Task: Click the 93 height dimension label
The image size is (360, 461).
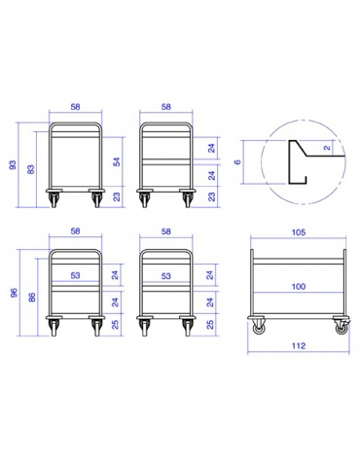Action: (13, 165)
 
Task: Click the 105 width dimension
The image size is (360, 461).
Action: (299, 233)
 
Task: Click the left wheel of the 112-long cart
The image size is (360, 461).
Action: (257, 328)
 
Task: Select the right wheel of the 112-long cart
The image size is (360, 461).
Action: (341, 328)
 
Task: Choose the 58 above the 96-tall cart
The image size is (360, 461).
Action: (76, 233)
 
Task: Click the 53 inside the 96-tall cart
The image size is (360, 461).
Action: (76, 275)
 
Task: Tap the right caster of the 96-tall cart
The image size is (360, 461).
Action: (96, 328)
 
